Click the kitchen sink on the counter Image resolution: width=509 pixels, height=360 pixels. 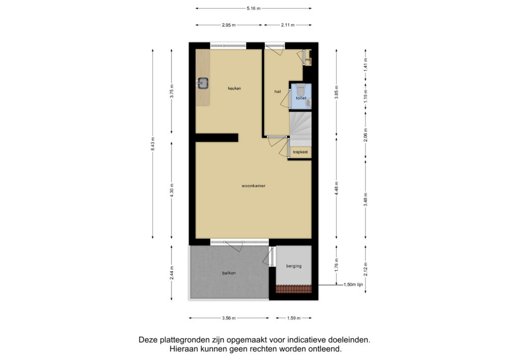[203, 83]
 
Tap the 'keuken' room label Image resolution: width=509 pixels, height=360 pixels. [235, 89]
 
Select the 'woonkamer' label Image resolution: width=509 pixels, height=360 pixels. [254, 186]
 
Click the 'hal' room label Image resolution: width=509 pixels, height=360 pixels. [277, 91]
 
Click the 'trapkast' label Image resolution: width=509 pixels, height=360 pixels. [300, 152]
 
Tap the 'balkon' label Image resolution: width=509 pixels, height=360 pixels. [229, 273]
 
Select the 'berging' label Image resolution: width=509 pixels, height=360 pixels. [294, 266]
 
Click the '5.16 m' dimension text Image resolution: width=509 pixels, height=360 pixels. [254, 8]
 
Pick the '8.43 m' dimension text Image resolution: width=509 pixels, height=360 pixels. [153, 144]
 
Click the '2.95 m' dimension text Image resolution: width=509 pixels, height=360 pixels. [229, 25]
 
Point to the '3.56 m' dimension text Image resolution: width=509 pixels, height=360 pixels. [229, 318]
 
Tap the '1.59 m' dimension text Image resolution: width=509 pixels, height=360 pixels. [294, 318]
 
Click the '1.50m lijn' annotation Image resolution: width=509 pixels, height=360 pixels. [353, 285]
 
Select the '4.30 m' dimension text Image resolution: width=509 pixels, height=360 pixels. [171, 190]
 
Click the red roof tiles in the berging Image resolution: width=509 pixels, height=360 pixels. [294, 288]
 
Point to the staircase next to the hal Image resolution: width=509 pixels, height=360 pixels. [300, 129]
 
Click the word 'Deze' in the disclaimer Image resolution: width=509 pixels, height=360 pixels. [148, 340]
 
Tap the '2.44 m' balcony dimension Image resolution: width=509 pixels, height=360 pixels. [171, 272]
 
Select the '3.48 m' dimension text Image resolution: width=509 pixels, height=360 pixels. [365, 199]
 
